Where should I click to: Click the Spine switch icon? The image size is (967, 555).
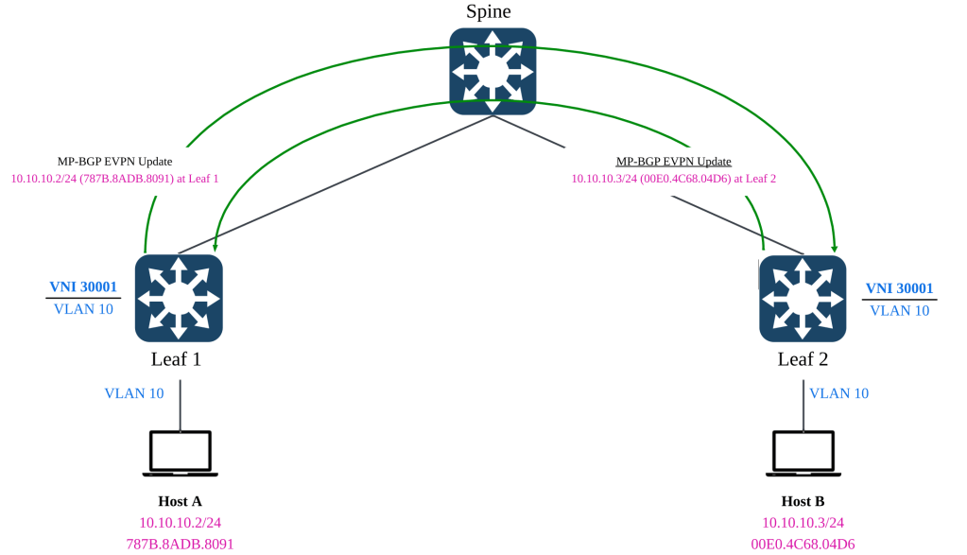pyautogui.click(x=492, y=72)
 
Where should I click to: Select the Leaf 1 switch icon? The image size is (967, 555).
pyautogui.click(x=179, y=299)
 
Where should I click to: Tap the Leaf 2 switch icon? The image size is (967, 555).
pyautogui.click(x=803, y=299)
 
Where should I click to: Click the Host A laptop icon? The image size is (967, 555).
pyautogui.click(x=181, y=454)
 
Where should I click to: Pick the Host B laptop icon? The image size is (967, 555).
pyautogui.click(x=803, y=454)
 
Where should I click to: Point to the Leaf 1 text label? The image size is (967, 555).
pyautogui.click(x=177, y=359)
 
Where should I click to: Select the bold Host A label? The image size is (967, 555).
pyautogui.click(x=180, y=501)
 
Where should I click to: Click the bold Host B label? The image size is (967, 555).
pyautogui.click(x=803, y=501)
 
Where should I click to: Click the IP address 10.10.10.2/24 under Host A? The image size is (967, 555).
pyautogui.click(x=180, y=523)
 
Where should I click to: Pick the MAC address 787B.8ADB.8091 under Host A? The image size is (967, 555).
pyautogui.click(x=180, y=544)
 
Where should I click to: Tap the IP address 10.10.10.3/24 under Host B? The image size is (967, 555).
pyautogui.click(x=803, y=523)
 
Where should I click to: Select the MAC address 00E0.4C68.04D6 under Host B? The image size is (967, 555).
pyautogui.click(x=803, y=544)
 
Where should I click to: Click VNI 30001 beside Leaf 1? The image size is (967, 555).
pyautogui.click(x=83, y=286)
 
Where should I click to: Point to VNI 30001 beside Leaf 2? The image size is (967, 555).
pyautogui.click(x=900, y=288)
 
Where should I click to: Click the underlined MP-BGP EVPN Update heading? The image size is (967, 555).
pyautogui.click(x=673, y=162)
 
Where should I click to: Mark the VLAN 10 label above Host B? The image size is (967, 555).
pyautogui.click(x=839, y=393)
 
